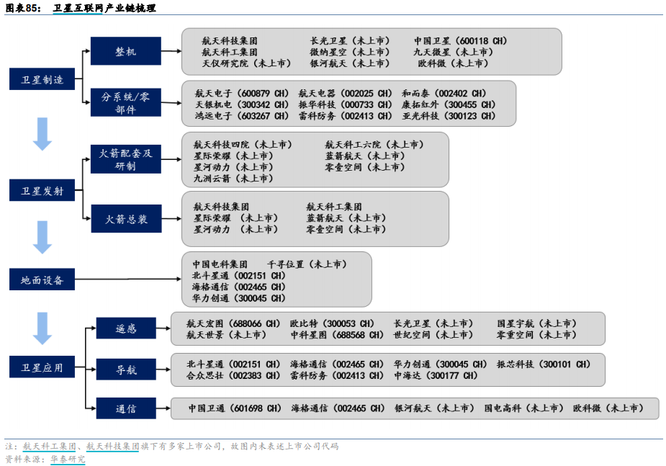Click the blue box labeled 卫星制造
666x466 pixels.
pyautogui.click(x=42, y=79)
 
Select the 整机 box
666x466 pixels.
pyautogui.click(x=125, y=52)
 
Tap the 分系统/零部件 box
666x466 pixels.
pyautogui.click(x=125, y=103)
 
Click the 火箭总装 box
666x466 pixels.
pyautogui.click(x=125, y=219)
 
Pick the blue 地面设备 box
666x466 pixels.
pyautogui.click(x=42, y=279)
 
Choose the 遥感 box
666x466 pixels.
pyautogui.click(x=125, y=328)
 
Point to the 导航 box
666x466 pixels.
pyautogui.click(x=125, y=369)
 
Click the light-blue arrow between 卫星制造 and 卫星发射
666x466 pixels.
pyautogui.click(x=42, y=133)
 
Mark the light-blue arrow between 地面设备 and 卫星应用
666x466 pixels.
pyautogui.click(x=42, y=328)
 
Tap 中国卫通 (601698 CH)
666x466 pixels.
pyautogui.click(x=235, y=408)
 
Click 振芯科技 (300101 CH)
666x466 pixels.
pyautogui.click(x=543, y=364)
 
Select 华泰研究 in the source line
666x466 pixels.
pyautogui.click(x=68, y=459)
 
